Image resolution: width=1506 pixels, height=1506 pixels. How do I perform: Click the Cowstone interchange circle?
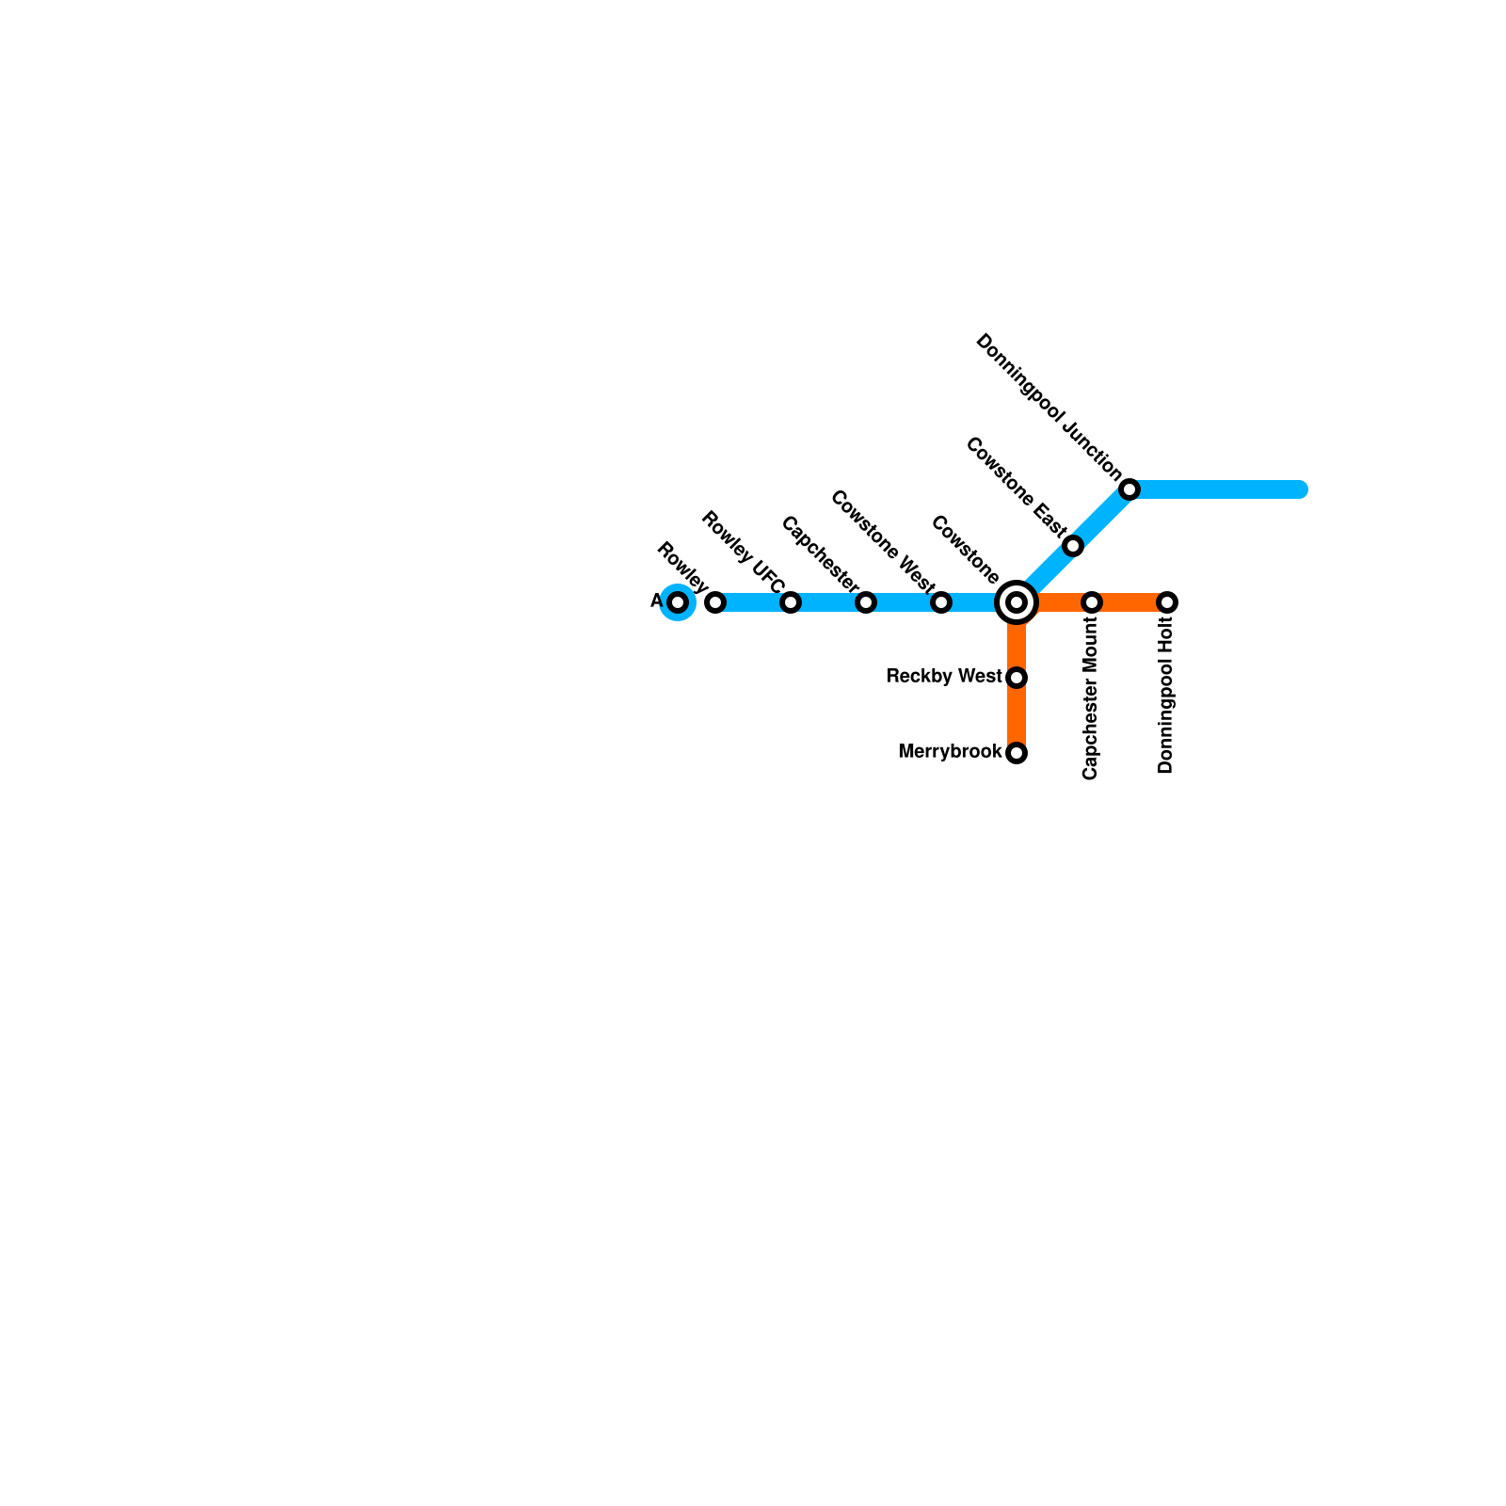[1017, 602]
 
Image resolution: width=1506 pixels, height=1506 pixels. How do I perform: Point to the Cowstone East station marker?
[1073, 546]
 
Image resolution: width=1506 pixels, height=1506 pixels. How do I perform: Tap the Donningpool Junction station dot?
[1129, 489]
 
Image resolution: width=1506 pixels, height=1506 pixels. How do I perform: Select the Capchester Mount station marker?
[1092, 602]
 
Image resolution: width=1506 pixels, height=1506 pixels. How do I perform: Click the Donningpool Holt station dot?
[1167, 602]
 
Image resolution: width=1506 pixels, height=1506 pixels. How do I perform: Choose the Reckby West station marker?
[1017, 678]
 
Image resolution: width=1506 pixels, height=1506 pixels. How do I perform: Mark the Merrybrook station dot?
[1017, 753]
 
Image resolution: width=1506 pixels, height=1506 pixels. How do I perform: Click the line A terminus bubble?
[678, 602]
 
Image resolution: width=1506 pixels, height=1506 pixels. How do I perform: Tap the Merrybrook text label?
[950, 752]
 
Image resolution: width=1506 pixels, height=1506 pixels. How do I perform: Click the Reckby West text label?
[943, 677]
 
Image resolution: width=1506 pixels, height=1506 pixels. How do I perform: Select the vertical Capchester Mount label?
[1091, 698]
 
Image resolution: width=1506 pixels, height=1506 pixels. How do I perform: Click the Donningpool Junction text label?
[1049, 407]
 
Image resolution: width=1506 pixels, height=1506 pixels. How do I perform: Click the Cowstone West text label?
[882, 536]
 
